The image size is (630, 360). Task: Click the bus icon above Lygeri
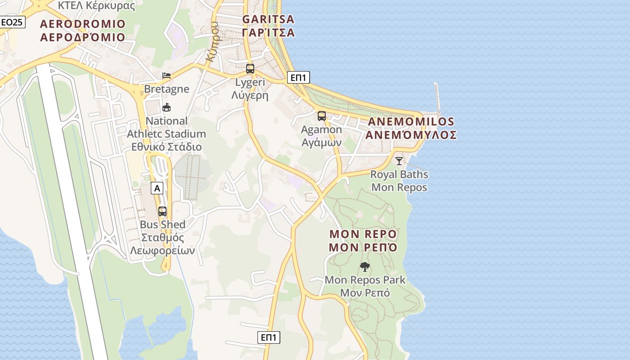coord(250,69)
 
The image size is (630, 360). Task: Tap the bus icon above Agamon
coord(322,116)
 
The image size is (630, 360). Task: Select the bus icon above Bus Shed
coord(162,211)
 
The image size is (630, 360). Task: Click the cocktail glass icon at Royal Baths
coord(399,161)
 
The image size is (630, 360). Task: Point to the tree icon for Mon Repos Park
coord(365,267)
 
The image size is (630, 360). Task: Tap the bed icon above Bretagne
coord(166,75)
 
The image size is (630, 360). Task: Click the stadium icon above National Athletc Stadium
coord(166,107)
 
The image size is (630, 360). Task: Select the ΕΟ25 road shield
coord(12,22)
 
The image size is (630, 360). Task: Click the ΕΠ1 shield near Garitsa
coord(298,77)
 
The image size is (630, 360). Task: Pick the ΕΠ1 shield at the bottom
coord(269,337)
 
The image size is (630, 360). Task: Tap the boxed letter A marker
coord(157,188)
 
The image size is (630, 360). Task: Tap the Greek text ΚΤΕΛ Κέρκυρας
coord(96,6)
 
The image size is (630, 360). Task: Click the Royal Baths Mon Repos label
coord(399,180)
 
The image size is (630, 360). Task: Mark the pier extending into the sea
coord(436,97)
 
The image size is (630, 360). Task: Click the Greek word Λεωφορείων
coord(162,251)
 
